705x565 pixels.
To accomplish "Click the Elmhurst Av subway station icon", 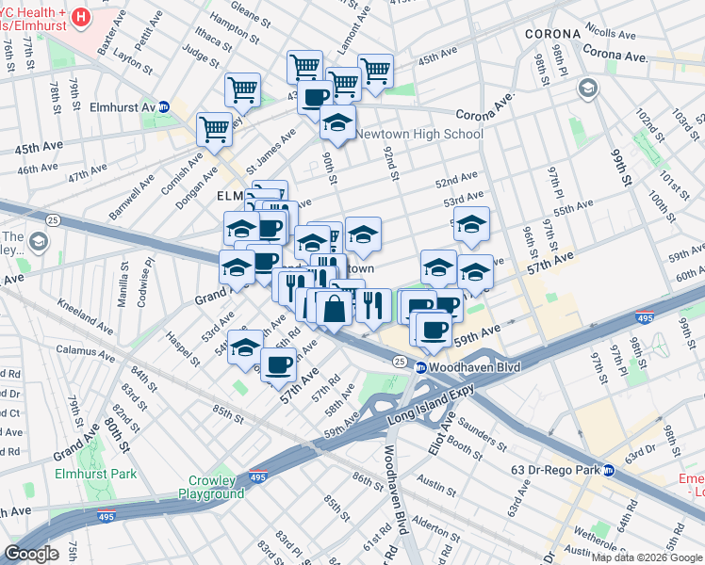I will tap(163, 107).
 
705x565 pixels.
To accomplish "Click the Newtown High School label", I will tap(418, 134).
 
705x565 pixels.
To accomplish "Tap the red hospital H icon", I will tap(81, 17).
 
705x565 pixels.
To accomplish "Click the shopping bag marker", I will tap(334, 307).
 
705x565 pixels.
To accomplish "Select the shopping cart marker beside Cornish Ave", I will tap(215, 130).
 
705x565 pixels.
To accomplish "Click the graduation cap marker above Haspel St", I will tap(245, 347).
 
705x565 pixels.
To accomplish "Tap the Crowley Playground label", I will tap(210, 486).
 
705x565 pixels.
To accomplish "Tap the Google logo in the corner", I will tap(31, 553).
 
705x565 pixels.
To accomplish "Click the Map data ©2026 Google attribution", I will tap(646, 557).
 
